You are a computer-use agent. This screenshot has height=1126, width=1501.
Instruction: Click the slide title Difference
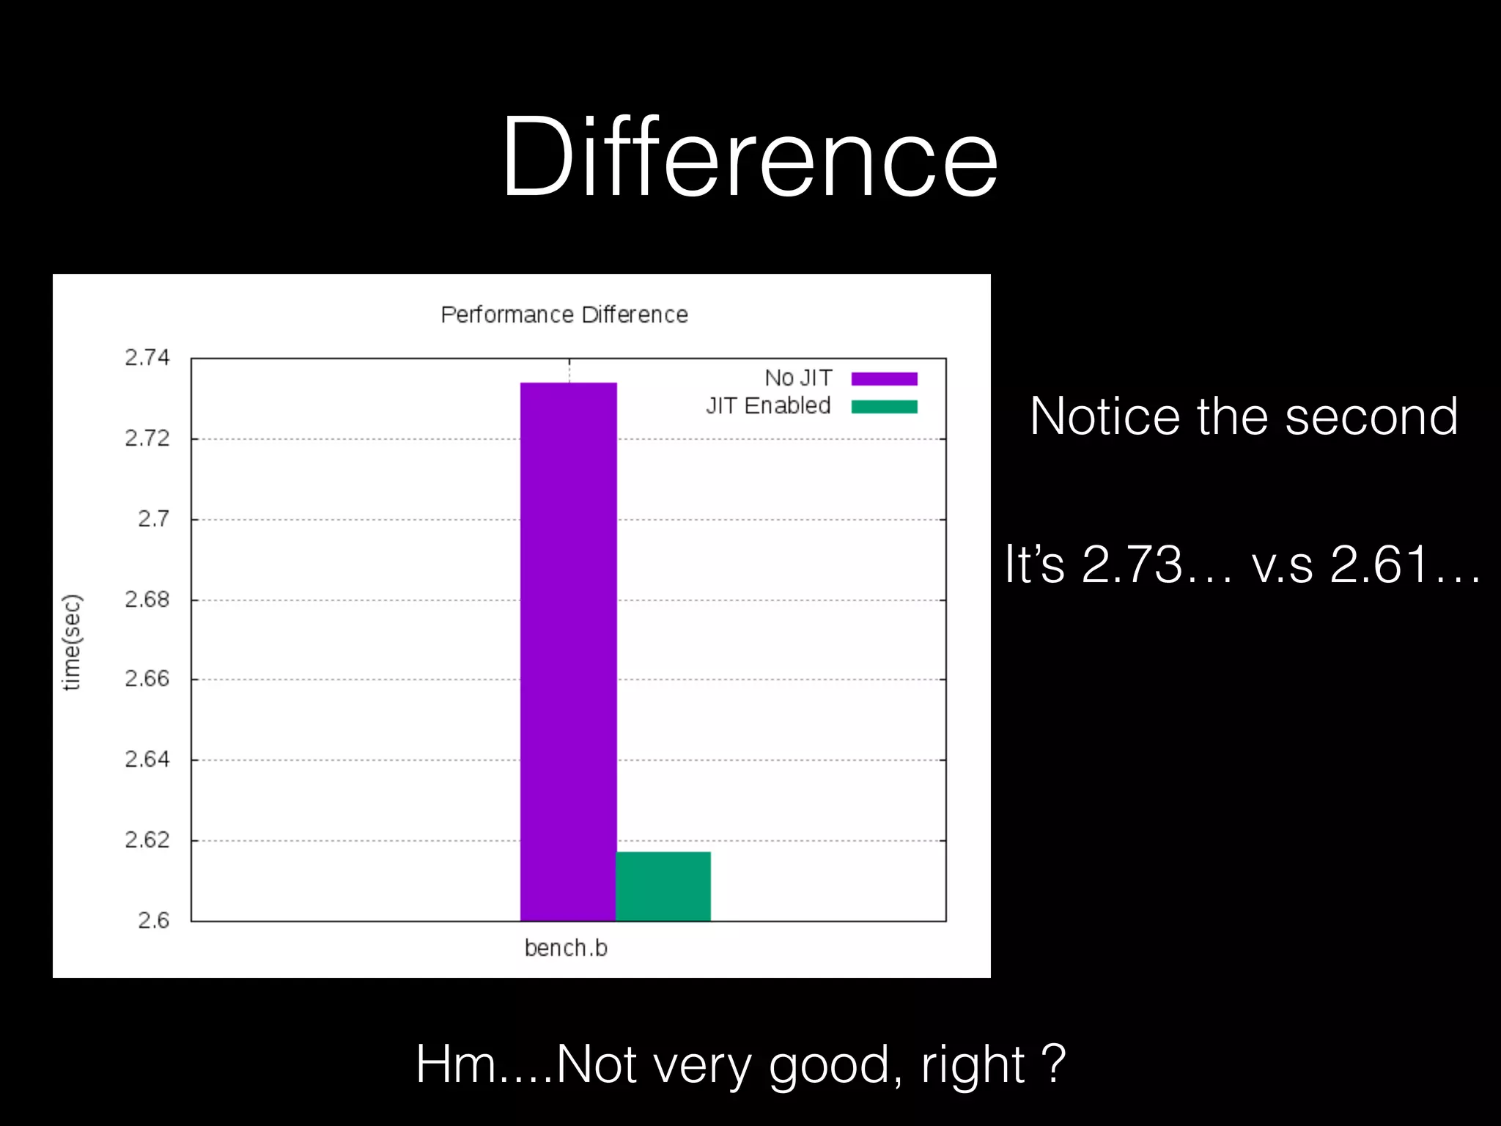[749, 158]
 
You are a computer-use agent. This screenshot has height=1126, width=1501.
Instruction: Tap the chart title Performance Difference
[564, 314]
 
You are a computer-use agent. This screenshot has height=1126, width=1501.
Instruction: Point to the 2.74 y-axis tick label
[147, 358]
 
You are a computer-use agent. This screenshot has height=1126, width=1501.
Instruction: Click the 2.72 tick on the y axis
[147, 438]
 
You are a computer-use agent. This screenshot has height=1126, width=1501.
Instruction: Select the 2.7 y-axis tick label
[153, 519]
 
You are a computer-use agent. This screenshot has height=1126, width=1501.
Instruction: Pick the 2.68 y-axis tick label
[147, 600]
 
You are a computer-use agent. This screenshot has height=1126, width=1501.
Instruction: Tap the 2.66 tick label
[147, 679]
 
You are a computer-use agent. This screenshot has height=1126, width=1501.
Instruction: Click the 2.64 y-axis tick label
[147, 759]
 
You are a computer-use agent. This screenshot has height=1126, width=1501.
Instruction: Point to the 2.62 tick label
[147, 840]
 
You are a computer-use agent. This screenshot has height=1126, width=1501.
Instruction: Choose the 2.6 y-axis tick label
[153, 920]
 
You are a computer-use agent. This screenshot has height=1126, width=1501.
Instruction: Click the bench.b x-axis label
[566, 948]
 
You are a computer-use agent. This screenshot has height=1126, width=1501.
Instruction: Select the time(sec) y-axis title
[72, 642]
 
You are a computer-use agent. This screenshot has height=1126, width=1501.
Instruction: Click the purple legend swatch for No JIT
[884, 378]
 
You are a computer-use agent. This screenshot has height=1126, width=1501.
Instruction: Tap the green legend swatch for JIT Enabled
[884, 406]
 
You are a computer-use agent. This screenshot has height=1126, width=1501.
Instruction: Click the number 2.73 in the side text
[1132, 564]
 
